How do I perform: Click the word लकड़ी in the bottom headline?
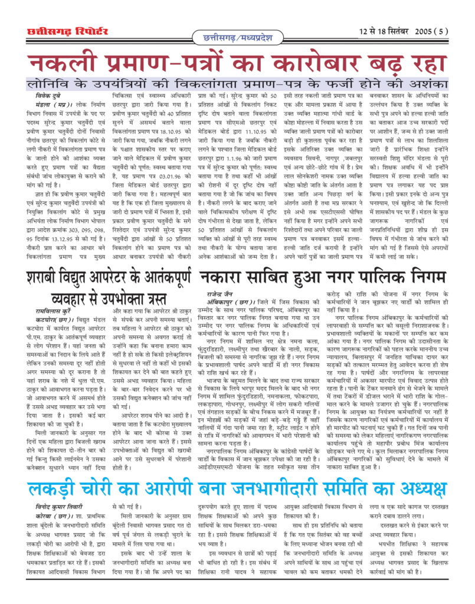(58, 489)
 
